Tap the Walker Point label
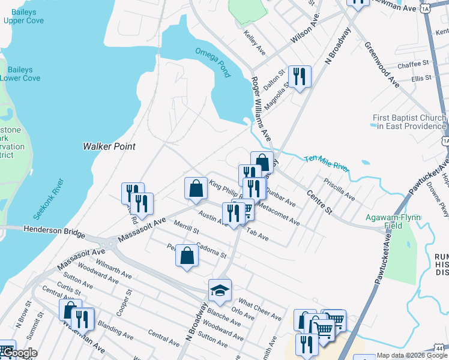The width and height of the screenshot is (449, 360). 109,146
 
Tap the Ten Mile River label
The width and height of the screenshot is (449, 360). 327,162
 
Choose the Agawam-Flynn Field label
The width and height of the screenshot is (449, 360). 395,221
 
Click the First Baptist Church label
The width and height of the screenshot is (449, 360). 409,122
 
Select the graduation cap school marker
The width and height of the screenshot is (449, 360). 220,291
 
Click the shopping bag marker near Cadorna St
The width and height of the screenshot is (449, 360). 187,256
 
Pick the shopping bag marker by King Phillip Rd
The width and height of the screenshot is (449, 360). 196,188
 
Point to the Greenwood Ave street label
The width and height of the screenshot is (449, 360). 382,64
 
